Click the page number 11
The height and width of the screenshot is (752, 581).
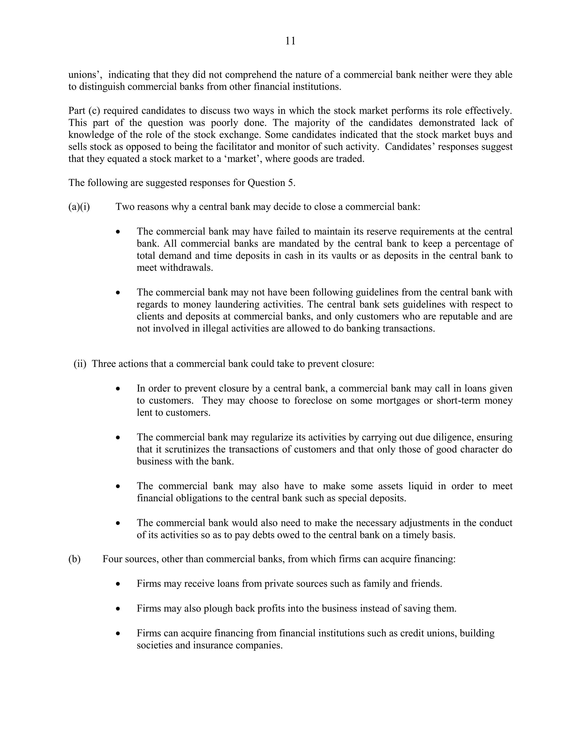pos(290,41)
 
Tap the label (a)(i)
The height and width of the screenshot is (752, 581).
pos(79,207)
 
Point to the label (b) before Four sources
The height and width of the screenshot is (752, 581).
pos(74,559)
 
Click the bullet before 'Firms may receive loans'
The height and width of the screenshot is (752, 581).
pos(118,584)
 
